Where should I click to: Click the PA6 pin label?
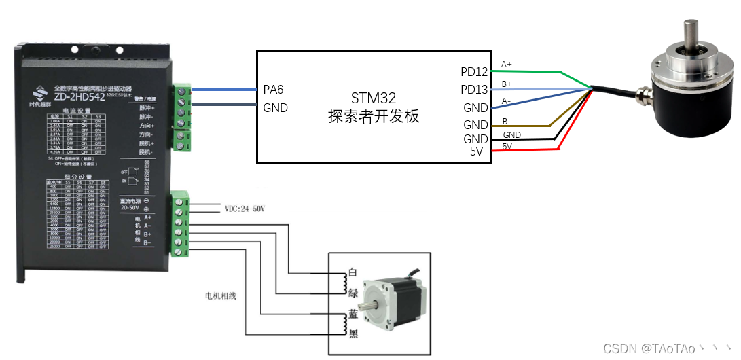pyautogui.click(x=273, y=90)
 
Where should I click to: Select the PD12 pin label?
pyautogui.click(x=473, y=72)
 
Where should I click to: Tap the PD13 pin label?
pyautogui.click(x=473, y=90)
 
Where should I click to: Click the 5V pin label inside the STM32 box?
pyautogui.click(x=477, y=151)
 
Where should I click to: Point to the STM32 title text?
pyautogui.click(x=373, y=98)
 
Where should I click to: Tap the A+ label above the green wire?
pyautogui.click(x=507, y=65)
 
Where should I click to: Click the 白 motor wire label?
pyautogui.click(x=352, y=272)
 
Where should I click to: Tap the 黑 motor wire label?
pyautogui.click(x=352, y=335)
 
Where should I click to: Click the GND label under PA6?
pyautogui.click(x=275, y=107)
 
